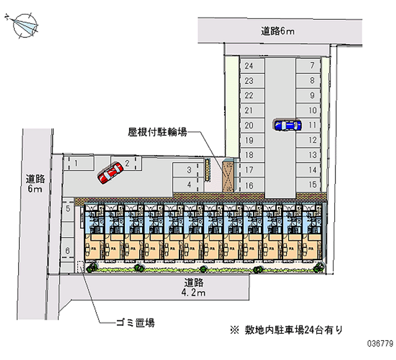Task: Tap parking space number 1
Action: coord(76,162)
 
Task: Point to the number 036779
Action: coord(377,343)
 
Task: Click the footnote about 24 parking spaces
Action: coord(287,329)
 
